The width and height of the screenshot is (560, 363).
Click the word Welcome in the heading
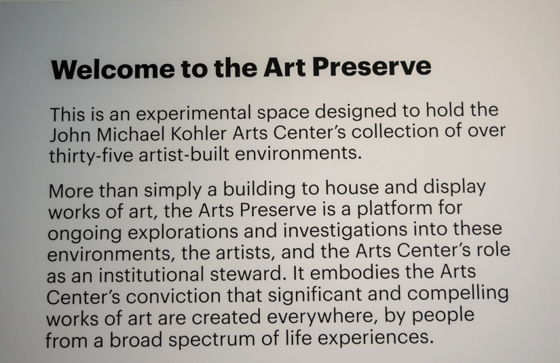point(113,69)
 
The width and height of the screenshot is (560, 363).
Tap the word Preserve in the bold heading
point(372,67)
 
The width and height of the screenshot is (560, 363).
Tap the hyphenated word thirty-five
point(91,156)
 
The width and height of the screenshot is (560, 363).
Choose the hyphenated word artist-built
point(184,154)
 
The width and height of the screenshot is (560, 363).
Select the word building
point(259,189)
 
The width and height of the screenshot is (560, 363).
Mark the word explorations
point(183,232)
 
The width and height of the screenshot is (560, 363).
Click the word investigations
point(346,230)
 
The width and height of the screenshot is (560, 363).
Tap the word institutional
point(151,275)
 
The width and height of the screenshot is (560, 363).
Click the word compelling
point(458,294)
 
